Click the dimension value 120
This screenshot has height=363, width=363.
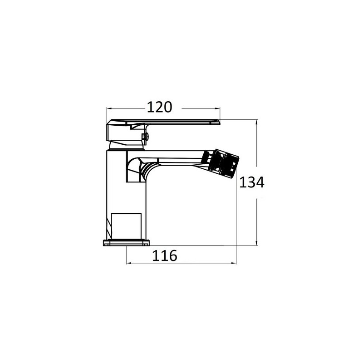point(160,107)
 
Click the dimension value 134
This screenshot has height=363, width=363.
point(252,182)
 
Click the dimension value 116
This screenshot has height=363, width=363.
point(165,255)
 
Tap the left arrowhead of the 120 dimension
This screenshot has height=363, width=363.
point(109,108)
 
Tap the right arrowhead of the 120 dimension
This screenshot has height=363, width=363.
point(217,108)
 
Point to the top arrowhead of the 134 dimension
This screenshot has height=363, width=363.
point(256,123)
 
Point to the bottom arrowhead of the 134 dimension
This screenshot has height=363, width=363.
point(256,242)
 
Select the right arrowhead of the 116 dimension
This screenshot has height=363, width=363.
point(233,263)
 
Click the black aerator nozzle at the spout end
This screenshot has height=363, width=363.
point(220,162)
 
